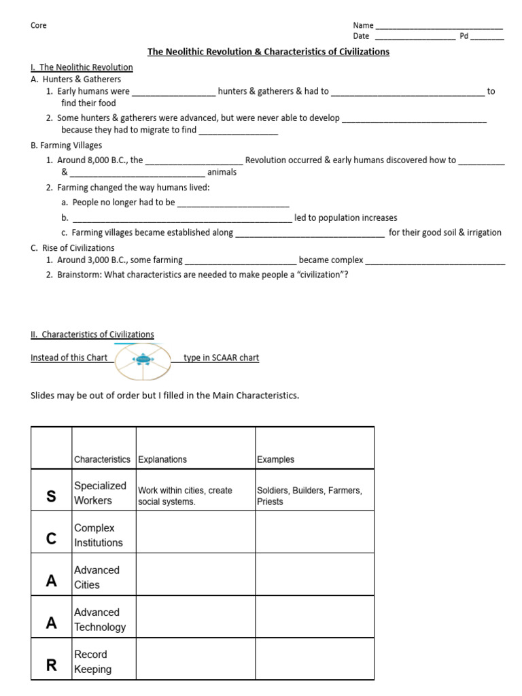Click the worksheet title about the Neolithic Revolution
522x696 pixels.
(x=269, y=52)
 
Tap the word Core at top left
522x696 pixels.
(x=39, y=26)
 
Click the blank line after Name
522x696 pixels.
(x=439, y=27)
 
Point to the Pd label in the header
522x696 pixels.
(x=464, y=36)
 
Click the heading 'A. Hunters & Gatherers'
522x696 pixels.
(x=76, y=80)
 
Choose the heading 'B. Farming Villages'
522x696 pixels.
(x=67, y=145)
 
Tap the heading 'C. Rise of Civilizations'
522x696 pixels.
(x=73, y=248)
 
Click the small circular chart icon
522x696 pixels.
(x=143, y=359)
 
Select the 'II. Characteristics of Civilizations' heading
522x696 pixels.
(x=92, y=334)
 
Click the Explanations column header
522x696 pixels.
(x=162, y=459)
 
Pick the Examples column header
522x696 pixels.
(x=276, y=459)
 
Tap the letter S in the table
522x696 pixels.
(x=51, y=496)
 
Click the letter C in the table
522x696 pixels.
(x=51, y=538)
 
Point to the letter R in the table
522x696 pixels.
(x=51, y=665)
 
